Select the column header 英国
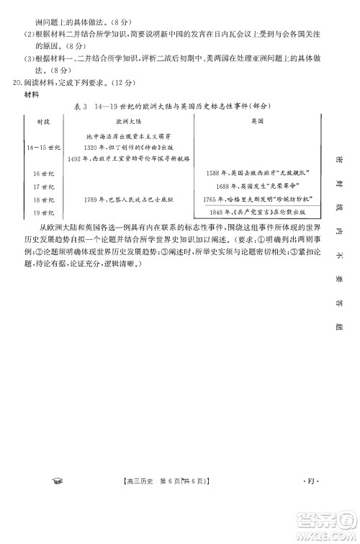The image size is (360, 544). pyautogui.click(x=256, y=122)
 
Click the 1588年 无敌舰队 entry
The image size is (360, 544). pyautogui.click(x=256, y=174)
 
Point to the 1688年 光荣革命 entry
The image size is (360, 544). pyautogui.click(x=256, y=186)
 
